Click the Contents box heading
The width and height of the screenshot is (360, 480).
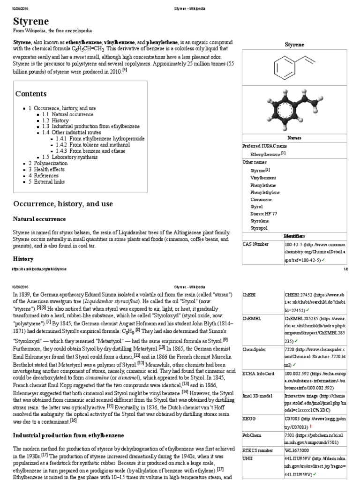(31, 94)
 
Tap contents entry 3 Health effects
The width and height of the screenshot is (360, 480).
(46, 169)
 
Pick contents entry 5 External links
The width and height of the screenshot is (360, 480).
(48, 181)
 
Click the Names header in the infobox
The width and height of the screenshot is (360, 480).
(294, 138)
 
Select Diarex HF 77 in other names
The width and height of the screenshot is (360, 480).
(263, 213)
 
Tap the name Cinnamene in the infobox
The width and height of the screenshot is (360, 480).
(262, 199)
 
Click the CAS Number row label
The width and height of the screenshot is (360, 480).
(256, 244)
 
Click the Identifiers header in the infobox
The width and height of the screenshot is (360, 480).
(294, 236)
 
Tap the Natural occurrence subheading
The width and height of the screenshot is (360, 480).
(39, 219)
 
